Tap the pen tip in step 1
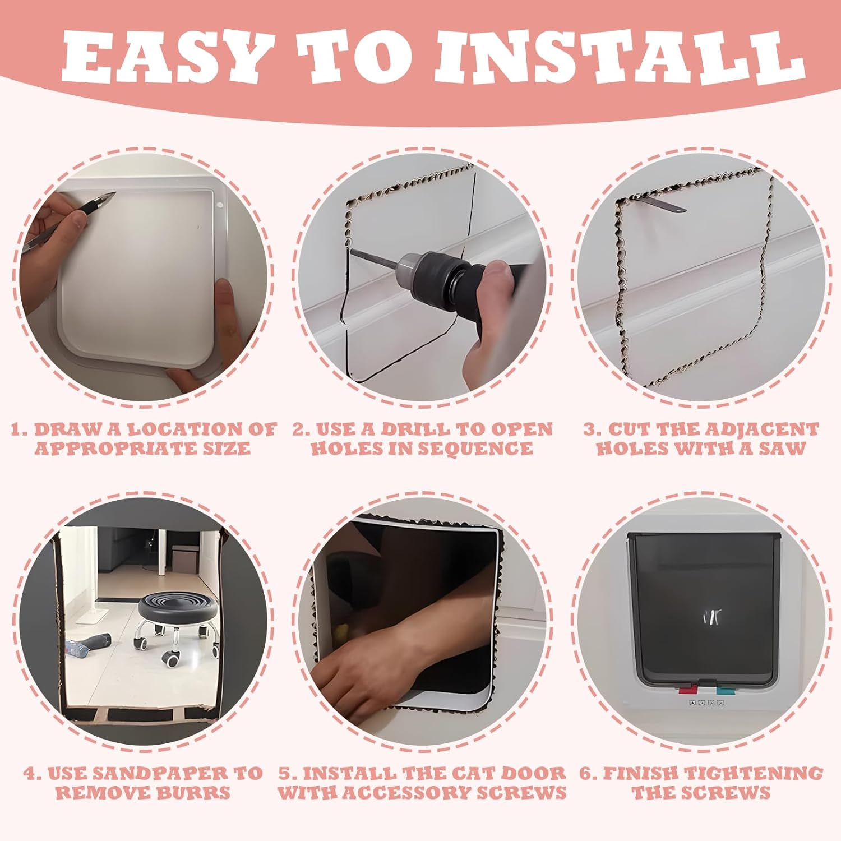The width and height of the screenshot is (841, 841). [112, 195]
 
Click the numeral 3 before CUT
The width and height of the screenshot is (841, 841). [589, 430]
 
